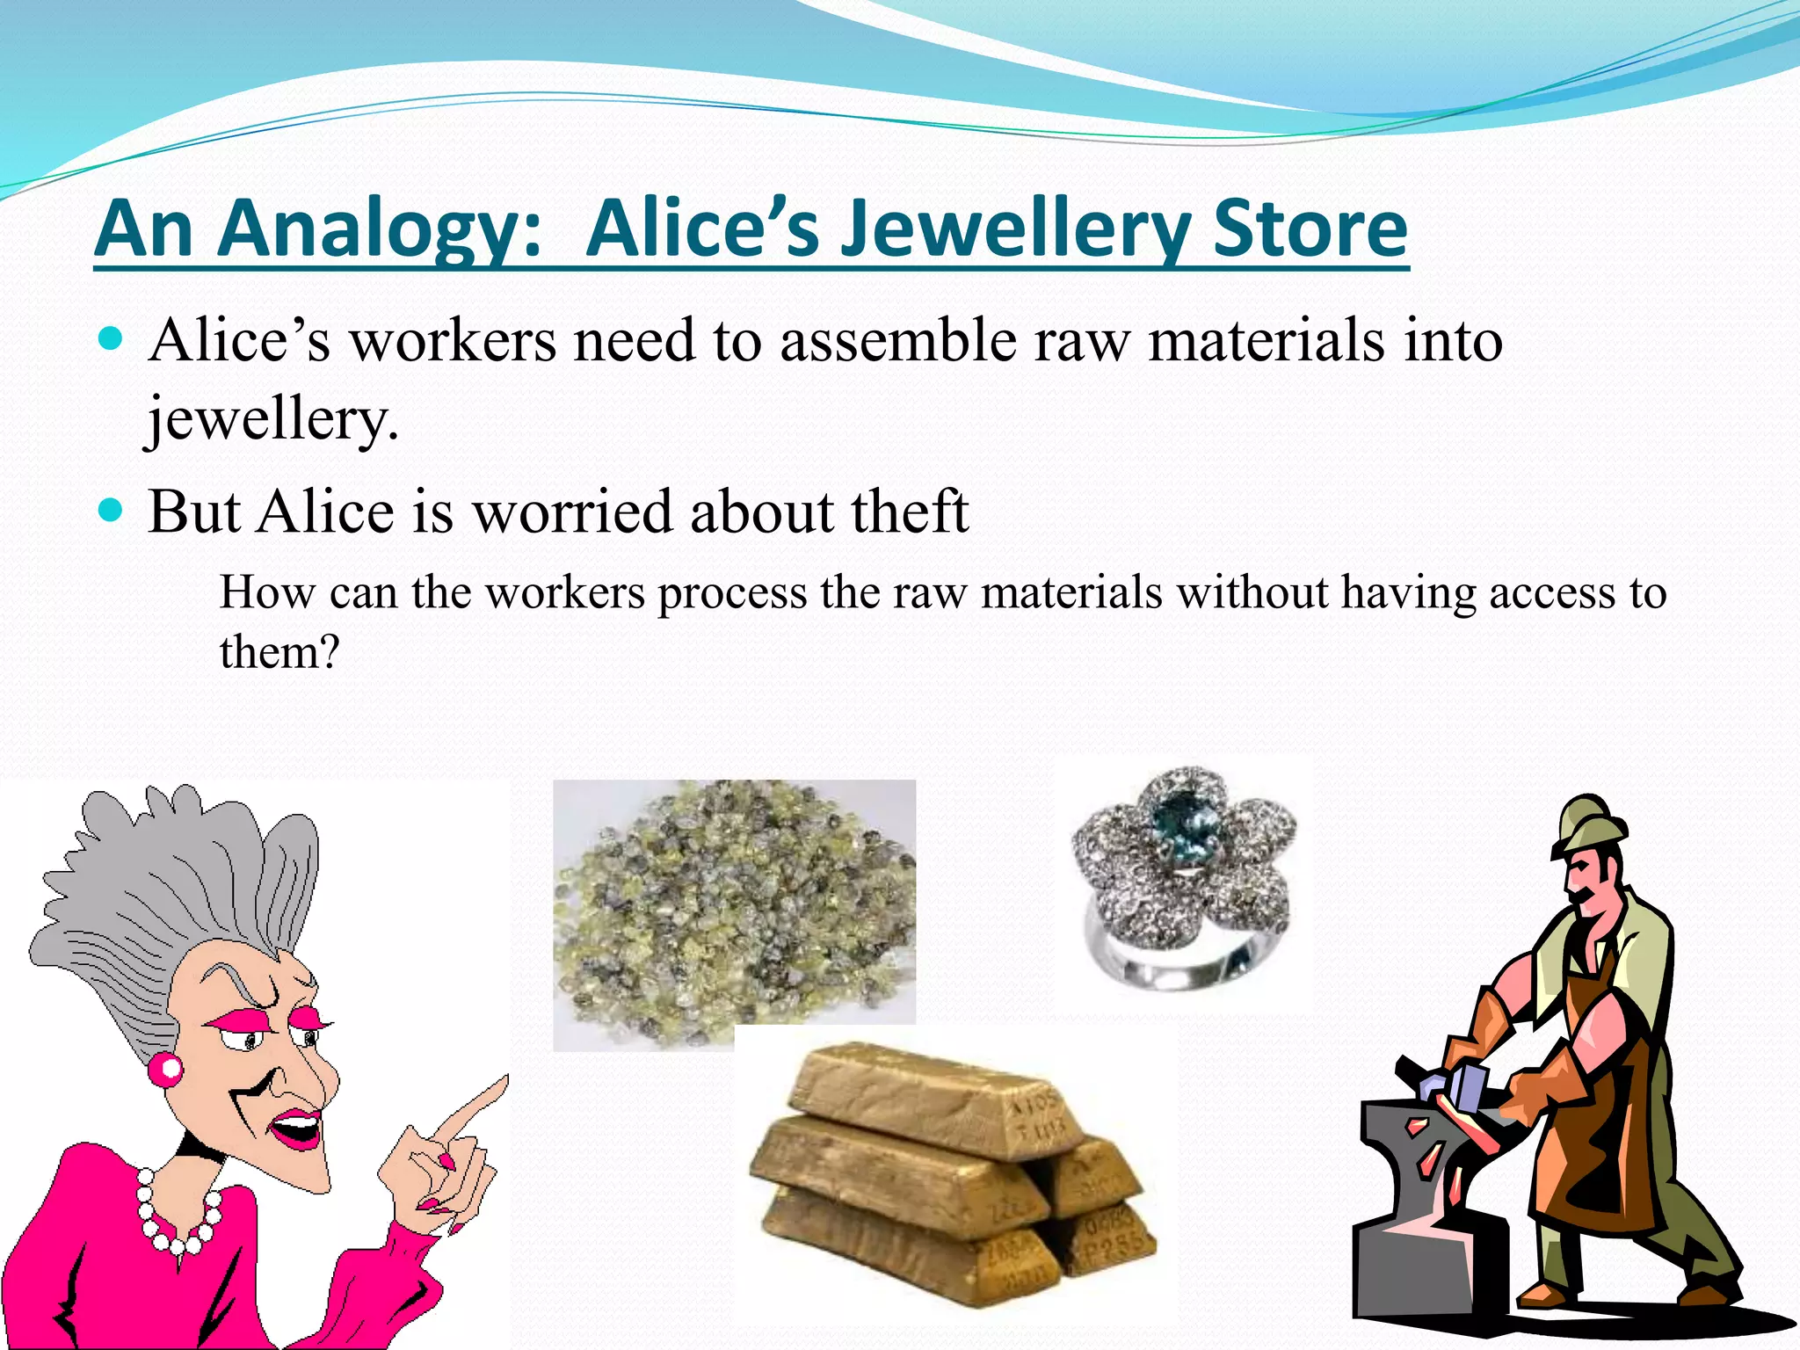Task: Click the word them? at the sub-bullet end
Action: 279,652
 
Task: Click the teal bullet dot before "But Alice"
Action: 111,509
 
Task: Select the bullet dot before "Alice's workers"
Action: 111,338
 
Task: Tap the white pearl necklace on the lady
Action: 176,1217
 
